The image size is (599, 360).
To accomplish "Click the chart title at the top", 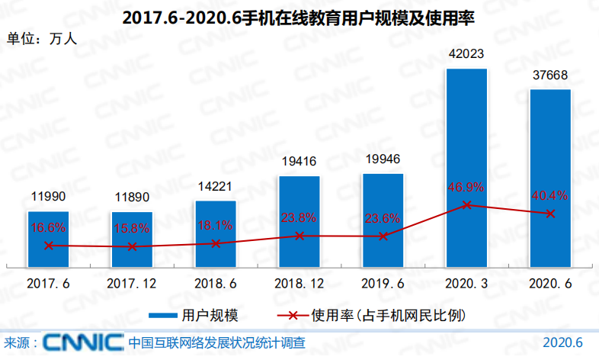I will click(299, 18).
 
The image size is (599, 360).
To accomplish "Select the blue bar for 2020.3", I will click(466, 168).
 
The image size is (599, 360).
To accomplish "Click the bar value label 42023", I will click(466, 55).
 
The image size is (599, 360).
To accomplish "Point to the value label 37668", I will click(550, 76).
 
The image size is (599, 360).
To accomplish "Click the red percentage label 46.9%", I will click(466, 187).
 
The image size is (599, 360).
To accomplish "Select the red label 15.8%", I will click(132, 228).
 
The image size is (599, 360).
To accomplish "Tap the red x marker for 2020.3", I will click(466, 205).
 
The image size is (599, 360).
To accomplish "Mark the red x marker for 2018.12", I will click(299, 236).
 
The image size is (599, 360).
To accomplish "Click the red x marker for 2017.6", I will click(49, 246).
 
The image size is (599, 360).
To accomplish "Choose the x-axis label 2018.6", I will click(216, 283).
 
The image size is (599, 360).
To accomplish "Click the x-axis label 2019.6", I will click(383, 283).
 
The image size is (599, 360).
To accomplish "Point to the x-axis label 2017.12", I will click(132, 283).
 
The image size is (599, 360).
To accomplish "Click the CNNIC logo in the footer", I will click(84, 342).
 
